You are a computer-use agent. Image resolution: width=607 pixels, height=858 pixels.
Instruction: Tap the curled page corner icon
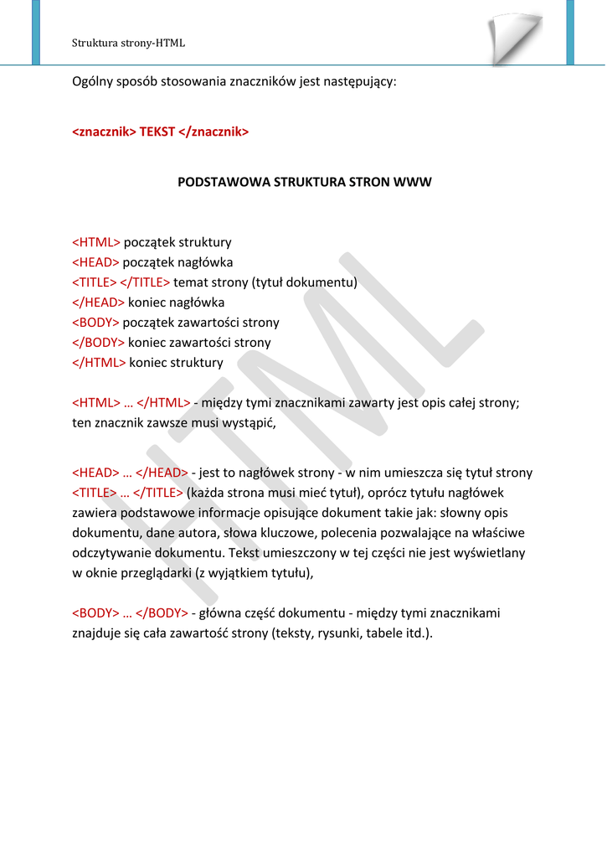pyautogui.click(x=514, y=38)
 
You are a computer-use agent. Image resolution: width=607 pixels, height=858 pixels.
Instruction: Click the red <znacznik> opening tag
pyautogui.click(x=104, y=132)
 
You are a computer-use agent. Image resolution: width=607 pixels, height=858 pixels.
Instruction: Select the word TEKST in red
pyautogui.click(x=157, y=132)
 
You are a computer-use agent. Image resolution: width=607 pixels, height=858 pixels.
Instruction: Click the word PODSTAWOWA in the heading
pyautogui.click(x=224, y=182)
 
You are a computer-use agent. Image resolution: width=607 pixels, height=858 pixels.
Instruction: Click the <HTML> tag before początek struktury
pyautogui.click(x=96, y=242)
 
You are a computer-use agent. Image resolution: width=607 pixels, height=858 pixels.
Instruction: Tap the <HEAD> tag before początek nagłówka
pyautogui.click(x=95, y=262)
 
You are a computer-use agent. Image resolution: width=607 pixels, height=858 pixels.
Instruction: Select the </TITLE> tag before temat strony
pyautogui.click(x=145, y=282)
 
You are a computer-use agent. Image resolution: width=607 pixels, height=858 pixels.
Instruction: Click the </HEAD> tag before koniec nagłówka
pyautogui.click(x=98, y=302)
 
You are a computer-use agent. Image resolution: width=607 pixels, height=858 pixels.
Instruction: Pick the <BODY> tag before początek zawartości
pyautogui.click(x=95, y=323)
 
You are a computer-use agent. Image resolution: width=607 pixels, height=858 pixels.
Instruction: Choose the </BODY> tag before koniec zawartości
pyautogui.click(x=98, y=343)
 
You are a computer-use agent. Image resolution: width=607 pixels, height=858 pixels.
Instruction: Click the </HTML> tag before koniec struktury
pyautogui.click(x=99, y=363)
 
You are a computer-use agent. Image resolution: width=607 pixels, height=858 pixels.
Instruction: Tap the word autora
pyautogui.click(x=186, y=533)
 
